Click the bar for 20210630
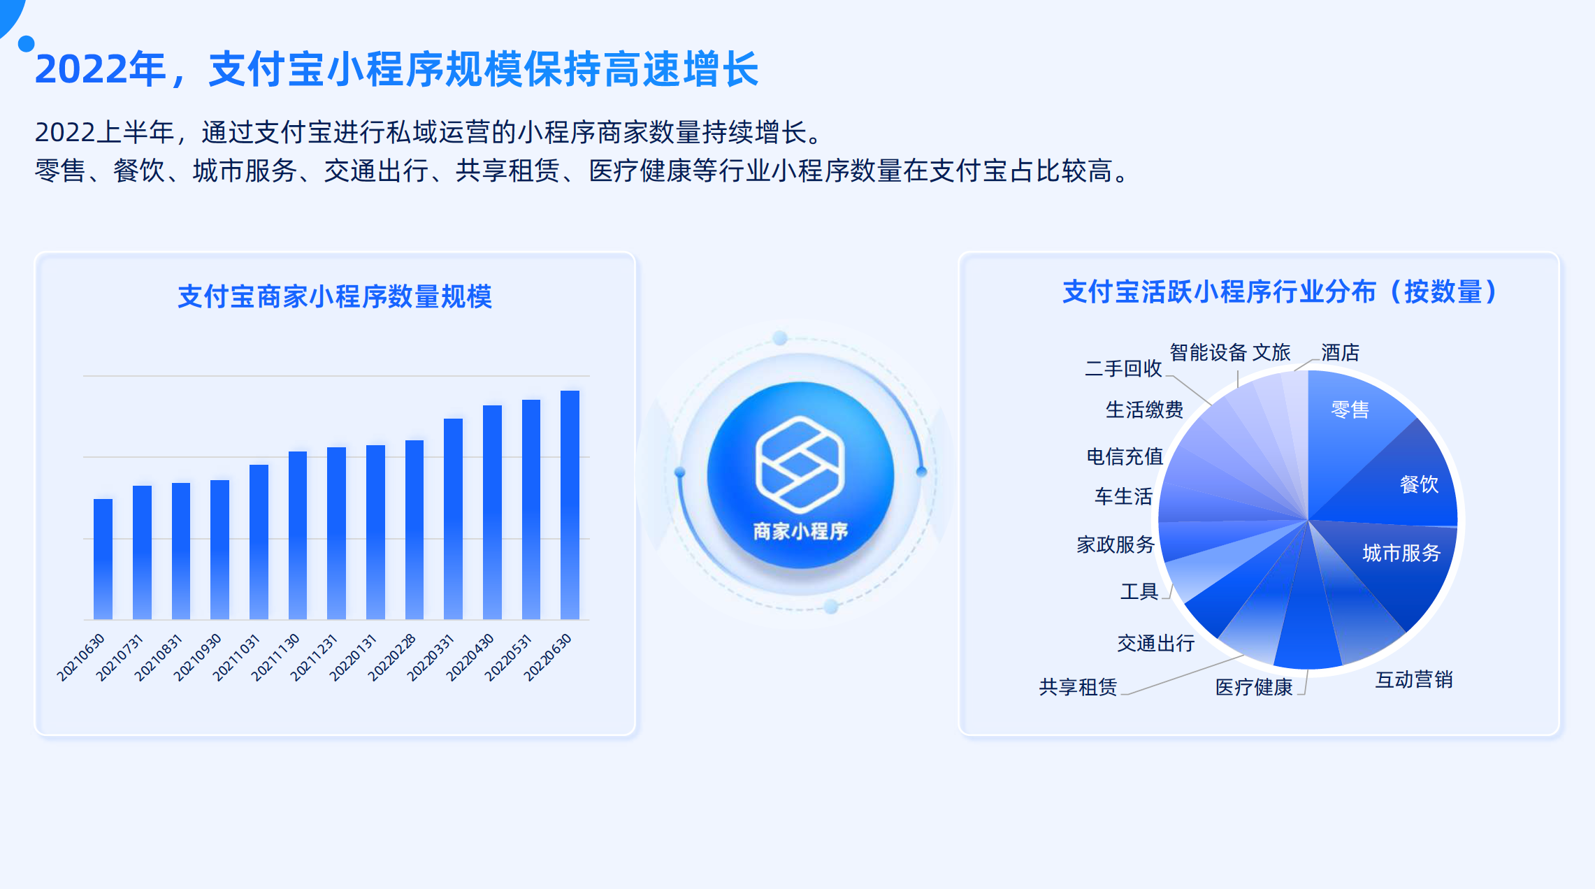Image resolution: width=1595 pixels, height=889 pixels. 103,559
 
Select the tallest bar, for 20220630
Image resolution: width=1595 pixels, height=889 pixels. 570,505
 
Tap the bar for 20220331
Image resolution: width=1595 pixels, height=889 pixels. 453,519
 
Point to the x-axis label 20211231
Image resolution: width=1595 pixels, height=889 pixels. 314,658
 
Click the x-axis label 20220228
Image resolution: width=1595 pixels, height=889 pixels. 391,658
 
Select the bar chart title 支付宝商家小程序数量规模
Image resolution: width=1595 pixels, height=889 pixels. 335,296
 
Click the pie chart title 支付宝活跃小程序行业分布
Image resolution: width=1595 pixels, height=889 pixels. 1220,291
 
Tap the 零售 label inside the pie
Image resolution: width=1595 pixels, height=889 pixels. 1350,410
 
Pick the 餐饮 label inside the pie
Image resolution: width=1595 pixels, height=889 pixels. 1419,484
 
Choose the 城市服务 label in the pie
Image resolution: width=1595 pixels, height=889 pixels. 1401,553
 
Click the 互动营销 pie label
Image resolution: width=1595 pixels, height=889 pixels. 1414,679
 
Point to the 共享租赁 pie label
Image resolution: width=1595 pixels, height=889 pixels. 1078,687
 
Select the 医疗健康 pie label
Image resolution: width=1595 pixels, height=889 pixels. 1254,687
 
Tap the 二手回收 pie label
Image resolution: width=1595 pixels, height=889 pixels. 1123,368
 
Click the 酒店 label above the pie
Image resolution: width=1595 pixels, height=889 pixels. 1340,352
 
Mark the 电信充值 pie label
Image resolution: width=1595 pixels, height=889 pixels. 1125,456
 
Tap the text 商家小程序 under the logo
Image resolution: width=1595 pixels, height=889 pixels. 800,531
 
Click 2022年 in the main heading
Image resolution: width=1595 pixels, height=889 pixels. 101,69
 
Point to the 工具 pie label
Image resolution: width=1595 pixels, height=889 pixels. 1139,591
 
